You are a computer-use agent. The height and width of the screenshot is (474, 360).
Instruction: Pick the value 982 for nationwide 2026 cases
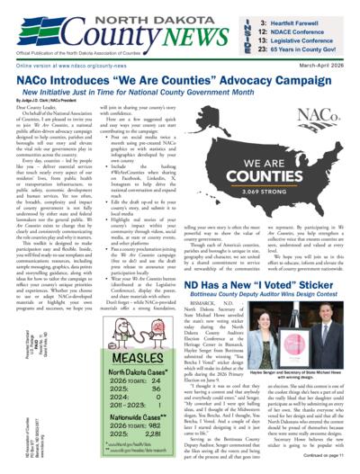[x=143, y=429]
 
